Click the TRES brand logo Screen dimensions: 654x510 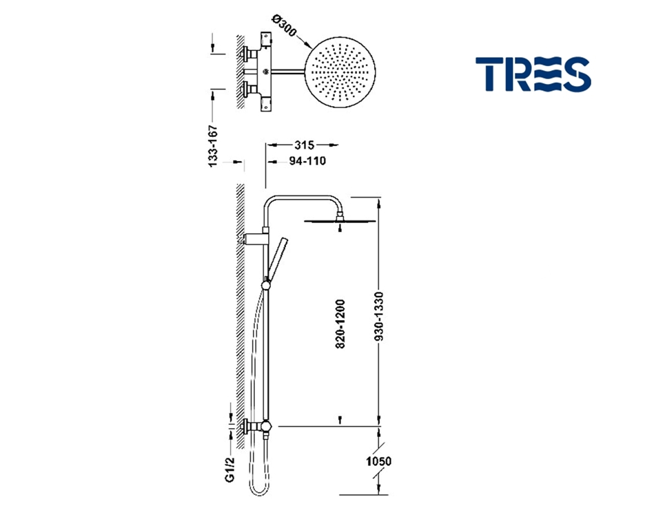(x=533, y=74)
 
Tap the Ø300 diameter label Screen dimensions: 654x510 (x=284, y=26)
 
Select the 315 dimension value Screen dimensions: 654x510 (x=304, y=145)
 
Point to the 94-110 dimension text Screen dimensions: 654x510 (x=307, y=161)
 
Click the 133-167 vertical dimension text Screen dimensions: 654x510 (x=213, y=146)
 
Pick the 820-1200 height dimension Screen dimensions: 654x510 (x=340, y=323)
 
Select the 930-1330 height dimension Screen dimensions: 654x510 (x=379, y=317)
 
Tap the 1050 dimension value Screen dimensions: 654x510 (x=379, y=461)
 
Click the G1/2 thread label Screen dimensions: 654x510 (x=229, y=469)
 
